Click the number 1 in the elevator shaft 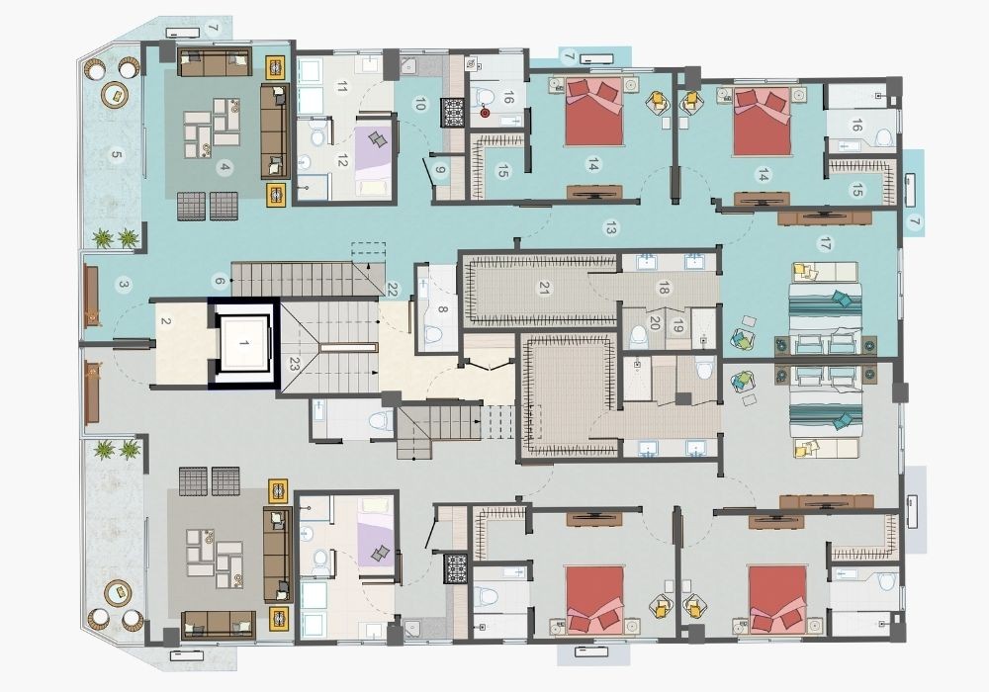click(x=243, y=343)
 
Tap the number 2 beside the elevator click(x=166, y=321)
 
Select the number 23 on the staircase click(x=294, y=363)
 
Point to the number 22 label click(x=392, y=290)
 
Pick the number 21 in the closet click(x=544, y=288)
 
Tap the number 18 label click(x=663, y=289)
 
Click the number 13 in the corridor click(x=609, y=228)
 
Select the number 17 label click(x=825, y=242)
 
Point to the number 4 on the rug click(x=223, y=168)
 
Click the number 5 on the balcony click(x=116, y=154)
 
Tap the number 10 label click(x=420, y=104)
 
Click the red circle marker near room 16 click(x=485, y=114)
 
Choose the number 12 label click(x=342, y=161)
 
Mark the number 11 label click(x=341, y=86)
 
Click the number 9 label click(x=440, y=169)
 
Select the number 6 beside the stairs click(x=219, y=281)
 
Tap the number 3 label click(x=124, y=285)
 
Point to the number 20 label click(x=654, y=323)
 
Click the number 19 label click(x=678, y=325)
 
